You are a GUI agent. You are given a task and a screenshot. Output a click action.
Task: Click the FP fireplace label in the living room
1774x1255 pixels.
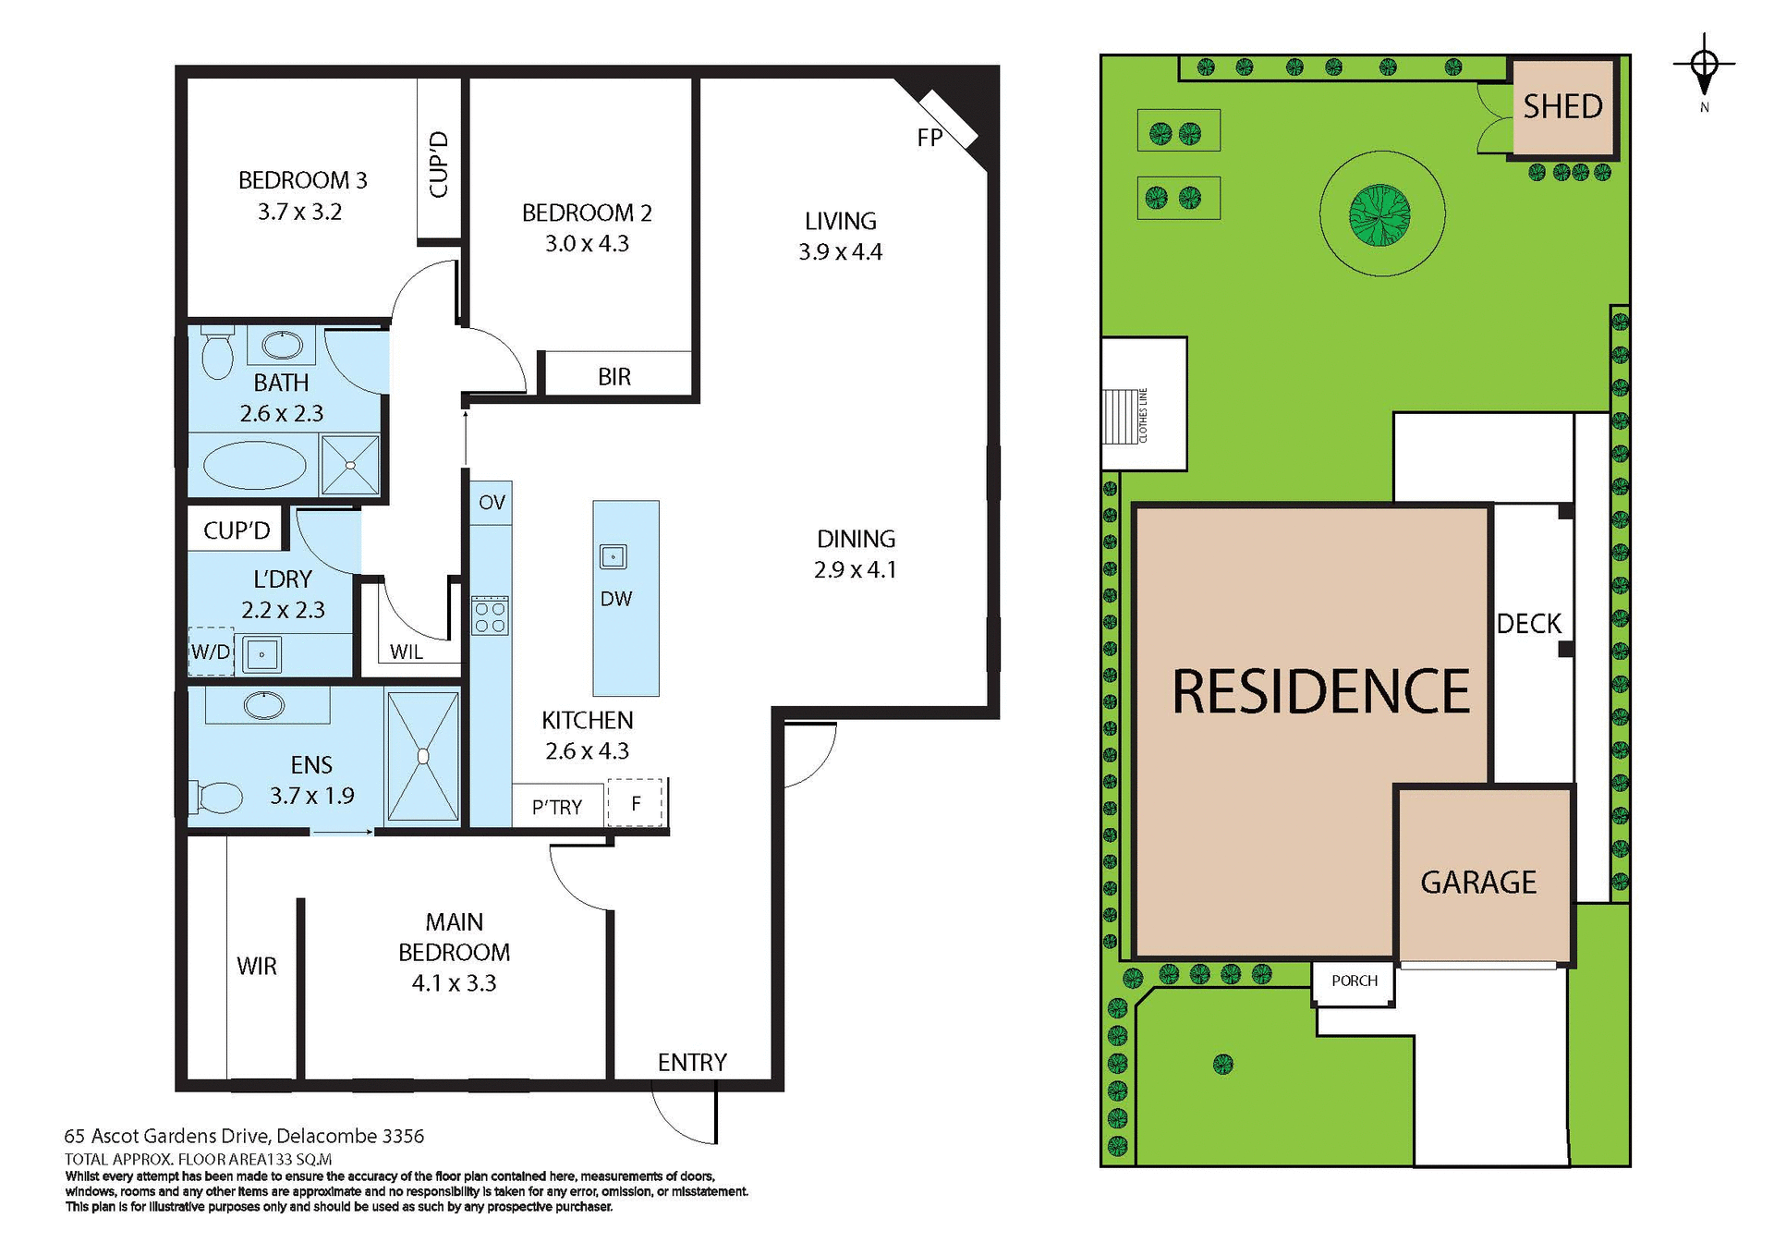tap(930, 138)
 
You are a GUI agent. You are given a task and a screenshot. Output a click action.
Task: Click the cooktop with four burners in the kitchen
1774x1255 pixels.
tap(490, 616)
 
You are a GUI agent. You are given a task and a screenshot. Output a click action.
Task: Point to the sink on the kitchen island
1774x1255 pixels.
tap(614, 556)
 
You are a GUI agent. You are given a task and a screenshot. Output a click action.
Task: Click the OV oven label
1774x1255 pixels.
tap(492, 503)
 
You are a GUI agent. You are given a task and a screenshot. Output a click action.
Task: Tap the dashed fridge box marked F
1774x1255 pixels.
tap(636, 803)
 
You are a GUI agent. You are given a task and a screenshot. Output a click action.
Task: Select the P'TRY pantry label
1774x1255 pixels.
tap(557, 807)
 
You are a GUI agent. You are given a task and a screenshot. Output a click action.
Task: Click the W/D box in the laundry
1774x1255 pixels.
tap(211, 652)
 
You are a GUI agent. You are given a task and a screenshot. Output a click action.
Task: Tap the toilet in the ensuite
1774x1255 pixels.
tap(218, 797)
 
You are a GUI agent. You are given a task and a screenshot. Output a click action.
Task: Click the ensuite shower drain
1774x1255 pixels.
tap(423, 757)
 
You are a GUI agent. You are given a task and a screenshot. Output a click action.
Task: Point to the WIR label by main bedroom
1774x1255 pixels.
tap(256, 966)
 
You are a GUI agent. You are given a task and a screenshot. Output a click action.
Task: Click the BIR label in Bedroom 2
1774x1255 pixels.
tap(614, 377)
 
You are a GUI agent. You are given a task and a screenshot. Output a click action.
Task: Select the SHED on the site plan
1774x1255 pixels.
tap(1563, 107)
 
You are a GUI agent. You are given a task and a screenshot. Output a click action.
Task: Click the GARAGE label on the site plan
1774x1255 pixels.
tap(1478, 883)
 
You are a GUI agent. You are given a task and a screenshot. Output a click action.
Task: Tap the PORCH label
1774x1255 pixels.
tap(1354, 981)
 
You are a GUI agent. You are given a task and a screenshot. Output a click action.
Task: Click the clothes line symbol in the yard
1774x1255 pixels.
tap(1121, 417)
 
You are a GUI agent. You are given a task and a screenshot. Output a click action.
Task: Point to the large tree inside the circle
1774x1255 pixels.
tap(1379, 214)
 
